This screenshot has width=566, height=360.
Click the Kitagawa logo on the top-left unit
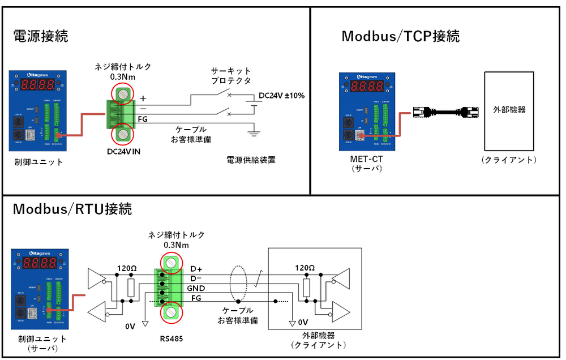[38, 75]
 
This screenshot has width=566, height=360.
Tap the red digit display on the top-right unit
[367, 87]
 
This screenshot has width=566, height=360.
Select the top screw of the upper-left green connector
[123, 93]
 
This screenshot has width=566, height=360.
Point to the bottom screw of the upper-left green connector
[123, 135]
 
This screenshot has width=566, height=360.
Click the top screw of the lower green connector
[170, 262]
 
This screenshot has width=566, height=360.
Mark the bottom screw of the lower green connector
[170, 313]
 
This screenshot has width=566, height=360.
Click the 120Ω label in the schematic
[306, 268]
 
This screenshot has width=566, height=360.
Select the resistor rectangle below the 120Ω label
[307, 288]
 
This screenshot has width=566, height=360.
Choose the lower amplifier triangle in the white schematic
[341, 311]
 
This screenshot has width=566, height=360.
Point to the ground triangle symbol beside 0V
[293, 323]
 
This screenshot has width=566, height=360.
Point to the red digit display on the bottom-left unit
[40, 263]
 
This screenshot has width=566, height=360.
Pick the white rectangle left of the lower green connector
[131, 288]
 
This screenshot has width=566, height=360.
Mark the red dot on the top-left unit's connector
[58, 135]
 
